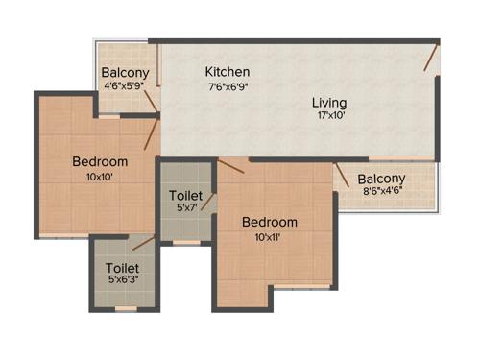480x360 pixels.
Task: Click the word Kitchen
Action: pyautogui.click(x=228, y=72)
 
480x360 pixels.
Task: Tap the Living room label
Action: pyautogui.click(x=329, y=103)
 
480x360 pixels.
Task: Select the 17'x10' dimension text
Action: pyautogui.click(x=329, y=117)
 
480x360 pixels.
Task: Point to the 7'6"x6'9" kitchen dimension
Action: pyautogui.click(x=228, y=86)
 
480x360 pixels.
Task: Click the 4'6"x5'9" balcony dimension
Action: pyautogui.click(x=125, y=84)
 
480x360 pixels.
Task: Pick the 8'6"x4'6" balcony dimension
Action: pyautogui.click(x=382, y=192)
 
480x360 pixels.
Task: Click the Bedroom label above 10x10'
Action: pyautogui.click(x=100, y=161)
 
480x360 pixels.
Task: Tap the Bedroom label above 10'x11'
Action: pyautogui.click(x=269, y=222)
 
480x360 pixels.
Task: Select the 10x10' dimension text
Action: pyautogui.click(x=100, y=176)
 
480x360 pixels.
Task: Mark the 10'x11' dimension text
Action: pyautogui.click(x=269, y=236)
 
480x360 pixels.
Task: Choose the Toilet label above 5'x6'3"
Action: pyautogui.click(x=123, y=268)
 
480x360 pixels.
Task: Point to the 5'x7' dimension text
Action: pyautogui.click(x=186, y=207)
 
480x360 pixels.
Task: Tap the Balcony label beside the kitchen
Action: pyautogui.click(x=125, y=71)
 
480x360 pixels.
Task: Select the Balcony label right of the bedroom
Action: pyautogui.click(x=382, y=179)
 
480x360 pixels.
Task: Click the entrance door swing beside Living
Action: pyautogui.click(x=433, y=62)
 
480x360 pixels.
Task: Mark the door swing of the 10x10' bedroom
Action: pyautogui.click(x=151, y=134)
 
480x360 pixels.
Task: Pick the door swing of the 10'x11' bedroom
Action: pyautogui.click(x=230, y=167)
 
